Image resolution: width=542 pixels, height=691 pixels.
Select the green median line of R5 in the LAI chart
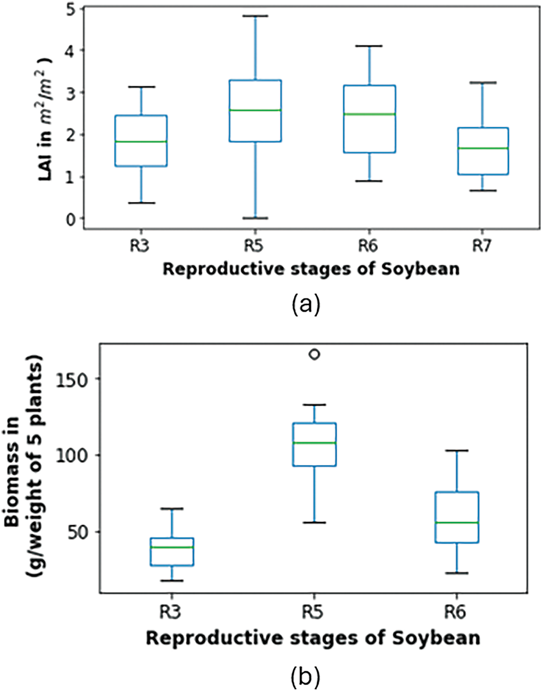click(256, 110)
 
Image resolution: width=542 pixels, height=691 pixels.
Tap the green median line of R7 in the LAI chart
click(483, 148)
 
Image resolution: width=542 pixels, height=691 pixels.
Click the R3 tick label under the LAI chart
click(141, 246)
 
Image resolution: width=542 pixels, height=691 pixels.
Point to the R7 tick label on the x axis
click(483, 246)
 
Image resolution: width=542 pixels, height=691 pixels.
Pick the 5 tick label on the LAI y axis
click(71, 9)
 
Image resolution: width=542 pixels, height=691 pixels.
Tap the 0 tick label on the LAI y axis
click(71, 219)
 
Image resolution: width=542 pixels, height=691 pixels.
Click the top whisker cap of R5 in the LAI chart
click(256, 16)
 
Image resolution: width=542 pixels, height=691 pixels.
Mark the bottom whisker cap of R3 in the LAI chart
click(141, 203)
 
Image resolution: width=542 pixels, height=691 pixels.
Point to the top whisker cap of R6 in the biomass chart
click(457, 450)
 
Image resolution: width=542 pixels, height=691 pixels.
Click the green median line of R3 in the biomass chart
click(171, 547)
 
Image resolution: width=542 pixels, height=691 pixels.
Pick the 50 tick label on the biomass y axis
click(77, 532)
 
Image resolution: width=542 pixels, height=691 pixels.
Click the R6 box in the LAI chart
click(370, 132)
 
